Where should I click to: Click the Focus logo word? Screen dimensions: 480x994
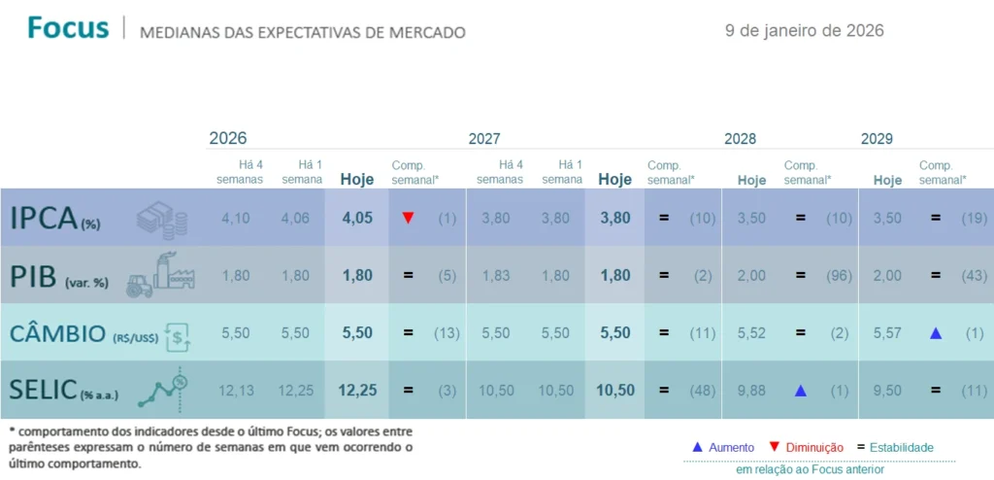(68, 28)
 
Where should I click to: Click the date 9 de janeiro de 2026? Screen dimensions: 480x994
(804, 30)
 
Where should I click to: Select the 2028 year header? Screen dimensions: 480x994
(740, 139)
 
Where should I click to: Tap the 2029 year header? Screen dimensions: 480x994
(877, 139)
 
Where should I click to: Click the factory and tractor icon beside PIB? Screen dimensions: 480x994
(160, 273)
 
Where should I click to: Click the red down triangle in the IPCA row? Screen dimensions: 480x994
(408, 218)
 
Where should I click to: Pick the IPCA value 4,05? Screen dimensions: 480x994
(356, 219)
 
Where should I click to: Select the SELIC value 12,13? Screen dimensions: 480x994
(236, 391)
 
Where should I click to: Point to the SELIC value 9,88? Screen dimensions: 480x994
(751, 391)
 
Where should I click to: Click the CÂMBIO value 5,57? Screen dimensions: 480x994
(887, 333)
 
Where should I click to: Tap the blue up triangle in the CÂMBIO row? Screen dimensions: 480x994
(935, 333)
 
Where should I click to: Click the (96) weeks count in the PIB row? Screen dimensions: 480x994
(839, 276)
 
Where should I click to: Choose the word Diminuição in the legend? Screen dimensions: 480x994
(813, 447)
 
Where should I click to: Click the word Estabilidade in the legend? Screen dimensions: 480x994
(902, 447)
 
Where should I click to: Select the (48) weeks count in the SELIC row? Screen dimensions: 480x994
(703, 391)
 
